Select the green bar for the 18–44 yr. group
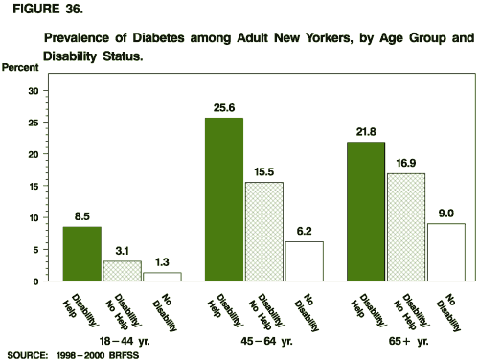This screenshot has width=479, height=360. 82,254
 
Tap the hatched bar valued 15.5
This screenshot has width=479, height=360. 263,231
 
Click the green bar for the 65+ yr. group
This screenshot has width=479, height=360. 365,212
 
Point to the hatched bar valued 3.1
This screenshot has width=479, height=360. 122,271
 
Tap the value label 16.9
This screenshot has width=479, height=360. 404,163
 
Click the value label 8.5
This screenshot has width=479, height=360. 82,215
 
